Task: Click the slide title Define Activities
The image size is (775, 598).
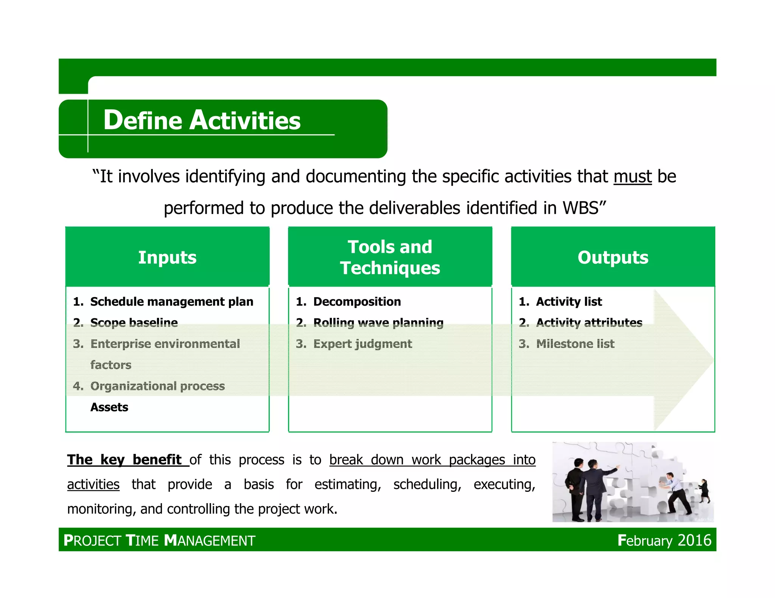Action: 202,120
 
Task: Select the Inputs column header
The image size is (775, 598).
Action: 167,257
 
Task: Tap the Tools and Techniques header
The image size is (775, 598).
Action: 390,257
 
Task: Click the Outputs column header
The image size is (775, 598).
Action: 613,257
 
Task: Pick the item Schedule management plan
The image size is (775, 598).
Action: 171,302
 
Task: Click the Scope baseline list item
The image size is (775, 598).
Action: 134,322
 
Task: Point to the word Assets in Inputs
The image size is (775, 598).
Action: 109,407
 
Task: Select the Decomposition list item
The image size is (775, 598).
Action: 357,302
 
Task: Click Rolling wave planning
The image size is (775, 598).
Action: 378,322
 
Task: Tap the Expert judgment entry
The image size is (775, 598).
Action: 363,344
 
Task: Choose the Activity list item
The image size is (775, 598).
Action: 569,302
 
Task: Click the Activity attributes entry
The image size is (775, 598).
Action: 589,322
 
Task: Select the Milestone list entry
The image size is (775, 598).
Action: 575,344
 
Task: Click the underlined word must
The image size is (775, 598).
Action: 632,177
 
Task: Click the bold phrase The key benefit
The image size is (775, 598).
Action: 125,460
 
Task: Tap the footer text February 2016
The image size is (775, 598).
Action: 664,540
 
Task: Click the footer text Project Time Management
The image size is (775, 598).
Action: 159,541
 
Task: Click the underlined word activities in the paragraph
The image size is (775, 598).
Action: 93,484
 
